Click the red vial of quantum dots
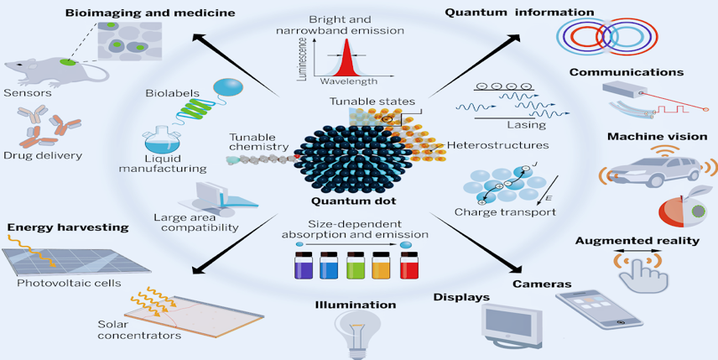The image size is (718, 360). click(x=409, y=265)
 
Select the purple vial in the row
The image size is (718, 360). click(x=304, y=265)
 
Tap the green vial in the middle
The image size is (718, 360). click(x=356, y=265)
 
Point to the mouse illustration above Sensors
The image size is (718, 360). click(x=55, y=71)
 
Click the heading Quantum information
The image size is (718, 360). click(x=519, y=13)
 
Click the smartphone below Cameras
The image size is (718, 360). click(x=599, y=309)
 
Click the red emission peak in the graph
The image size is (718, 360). click(x=346, y=58)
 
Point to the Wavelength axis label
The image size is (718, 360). click(x=348, y=81)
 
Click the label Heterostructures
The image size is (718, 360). click(x=497, y=145)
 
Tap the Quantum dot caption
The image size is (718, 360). click(x=353, y=201)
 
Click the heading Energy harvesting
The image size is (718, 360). click(x=68, y=227)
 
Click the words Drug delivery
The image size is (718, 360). click(x=43, y=155)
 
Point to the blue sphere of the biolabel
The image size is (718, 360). click(x=228, y=87)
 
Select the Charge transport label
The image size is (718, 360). click(x=505, y=212)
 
